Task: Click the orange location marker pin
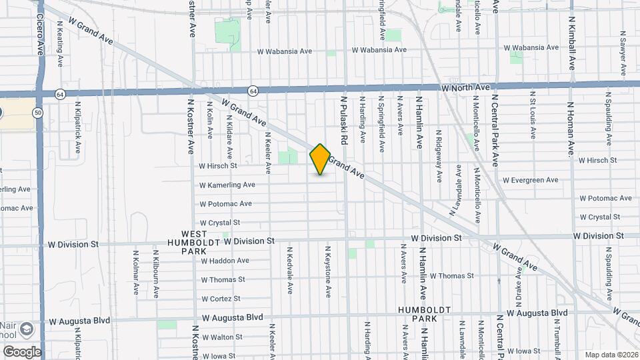point(320,159)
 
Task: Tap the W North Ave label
point(465,87)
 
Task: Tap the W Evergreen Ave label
point(530,180)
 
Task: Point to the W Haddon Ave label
point(225,261)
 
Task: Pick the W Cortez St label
point(221,299)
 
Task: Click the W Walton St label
point(222,337)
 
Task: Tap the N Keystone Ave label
point(327,271)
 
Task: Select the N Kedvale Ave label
point(289,271)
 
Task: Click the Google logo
point(22,351)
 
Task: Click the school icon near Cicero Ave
point(26,329)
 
